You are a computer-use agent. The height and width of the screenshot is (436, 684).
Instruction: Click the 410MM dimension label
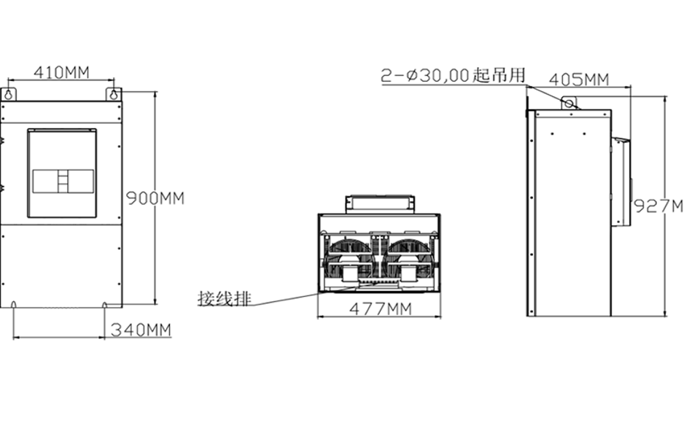point(61,72)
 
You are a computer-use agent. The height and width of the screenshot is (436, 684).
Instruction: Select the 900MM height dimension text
point(155,198)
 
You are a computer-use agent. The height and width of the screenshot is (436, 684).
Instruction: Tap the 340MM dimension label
point(141,330)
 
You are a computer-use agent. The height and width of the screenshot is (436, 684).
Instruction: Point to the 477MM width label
point(381,309)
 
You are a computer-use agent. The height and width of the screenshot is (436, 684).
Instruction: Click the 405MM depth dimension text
point(579,79)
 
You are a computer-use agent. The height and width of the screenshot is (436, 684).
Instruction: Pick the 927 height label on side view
point(658,206)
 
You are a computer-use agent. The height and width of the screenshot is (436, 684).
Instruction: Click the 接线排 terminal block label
point(225,299)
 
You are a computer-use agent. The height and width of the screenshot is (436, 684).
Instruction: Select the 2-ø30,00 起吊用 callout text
point(454,75)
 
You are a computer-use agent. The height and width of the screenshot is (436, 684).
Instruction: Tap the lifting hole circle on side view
point(569,104)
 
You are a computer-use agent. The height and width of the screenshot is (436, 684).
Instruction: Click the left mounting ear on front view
point(8,94)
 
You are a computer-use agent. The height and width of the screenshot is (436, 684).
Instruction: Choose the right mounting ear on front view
point(114,94)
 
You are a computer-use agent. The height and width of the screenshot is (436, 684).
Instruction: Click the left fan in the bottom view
point(349,260)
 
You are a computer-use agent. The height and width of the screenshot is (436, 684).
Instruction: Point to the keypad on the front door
point(63,182)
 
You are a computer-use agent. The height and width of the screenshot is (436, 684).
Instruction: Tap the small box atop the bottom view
point(380,204)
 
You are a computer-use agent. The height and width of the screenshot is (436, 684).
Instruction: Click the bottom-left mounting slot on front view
point(14,304)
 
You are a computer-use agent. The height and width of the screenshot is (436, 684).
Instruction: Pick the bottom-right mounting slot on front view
point(104,304)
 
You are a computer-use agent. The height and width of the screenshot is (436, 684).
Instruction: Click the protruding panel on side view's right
point(621,182)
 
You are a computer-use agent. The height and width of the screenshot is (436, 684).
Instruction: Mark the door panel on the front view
point(62,173)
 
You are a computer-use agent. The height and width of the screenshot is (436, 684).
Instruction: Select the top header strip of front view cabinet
point(61,112)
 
